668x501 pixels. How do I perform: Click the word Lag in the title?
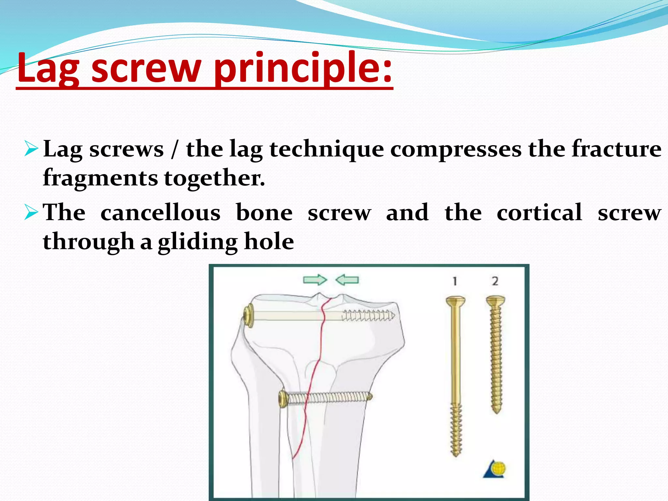click(48, 68)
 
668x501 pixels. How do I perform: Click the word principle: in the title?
click(303, 68)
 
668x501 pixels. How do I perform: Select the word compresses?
click(456, 149)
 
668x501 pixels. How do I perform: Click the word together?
click(214, 178)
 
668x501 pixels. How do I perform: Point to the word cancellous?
click(160, 213)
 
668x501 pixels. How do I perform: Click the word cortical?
click(539, 213)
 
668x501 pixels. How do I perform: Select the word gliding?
click(198, 242)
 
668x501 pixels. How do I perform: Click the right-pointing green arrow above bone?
click(315, 280)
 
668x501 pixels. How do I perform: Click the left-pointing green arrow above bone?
click(347, 280)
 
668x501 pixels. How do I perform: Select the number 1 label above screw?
click(455, 281)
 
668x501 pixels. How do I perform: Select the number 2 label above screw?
click(495, 281)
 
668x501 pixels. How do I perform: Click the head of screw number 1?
click(455, 301)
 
